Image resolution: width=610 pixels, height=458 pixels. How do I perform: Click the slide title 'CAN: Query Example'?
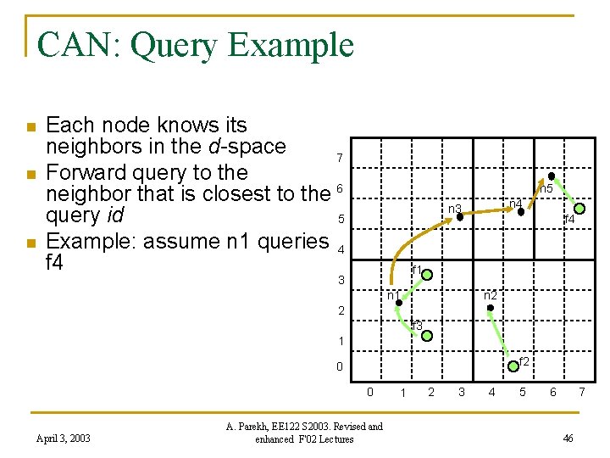click(x=196, y=44)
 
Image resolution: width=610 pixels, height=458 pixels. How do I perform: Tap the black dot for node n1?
click(x=398, y=303)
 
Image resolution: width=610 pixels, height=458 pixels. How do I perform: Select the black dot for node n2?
click(x=490, y=308)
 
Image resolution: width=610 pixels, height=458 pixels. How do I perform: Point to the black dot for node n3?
click(x=460, y=217)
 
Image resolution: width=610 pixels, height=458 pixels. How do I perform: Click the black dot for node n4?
click(x=521, y=212)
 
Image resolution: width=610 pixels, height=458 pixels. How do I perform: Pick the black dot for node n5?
click(x=551, y=176)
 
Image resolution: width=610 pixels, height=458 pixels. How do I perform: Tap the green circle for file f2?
click(x=513, y=366)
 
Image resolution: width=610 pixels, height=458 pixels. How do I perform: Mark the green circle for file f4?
click(x=579, y=208)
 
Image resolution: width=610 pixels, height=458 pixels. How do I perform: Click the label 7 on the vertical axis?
click(x=339, y=159)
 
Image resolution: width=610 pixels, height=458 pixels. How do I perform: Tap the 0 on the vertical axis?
click(x=339, y=367)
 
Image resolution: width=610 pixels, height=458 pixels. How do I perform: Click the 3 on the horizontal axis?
click(x=461, y=392)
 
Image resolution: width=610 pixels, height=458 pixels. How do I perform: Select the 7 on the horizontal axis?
click(x=582, y=392)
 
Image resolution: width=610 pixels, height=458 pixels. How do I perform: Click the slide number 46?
click(x=568, y=438)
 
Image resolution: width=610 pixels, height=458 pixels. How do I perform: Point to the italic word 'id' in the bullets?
click(x=115, y=218)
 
